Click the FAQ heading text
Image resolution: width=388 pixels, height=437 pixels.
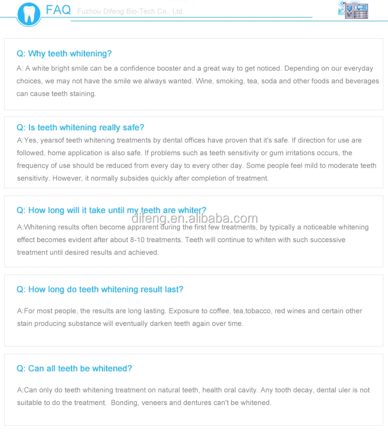[58, 10]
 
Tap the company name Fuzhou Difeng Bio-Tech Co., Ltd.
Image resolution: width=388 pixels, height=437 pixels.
[130, 11]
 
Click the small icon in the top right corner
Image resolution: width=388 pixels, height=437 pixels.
[353, 9]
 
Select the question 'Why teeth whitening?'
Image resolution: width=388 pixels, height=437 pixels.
[64, 54]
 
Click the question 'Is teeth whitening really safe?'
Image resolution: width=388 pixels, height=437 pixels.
[80, 128]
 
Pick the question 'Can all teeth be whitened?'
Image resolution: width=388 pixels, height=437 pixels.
[74, 369]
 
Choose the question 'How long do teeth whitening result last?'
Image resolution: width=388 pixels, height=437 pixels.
[100, 290]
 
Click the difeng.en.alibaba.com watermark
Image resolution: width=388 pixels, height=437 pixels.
[195, 219]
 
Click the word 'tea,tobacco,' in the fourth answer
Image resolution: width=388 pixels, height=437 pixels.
[250, 311]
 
